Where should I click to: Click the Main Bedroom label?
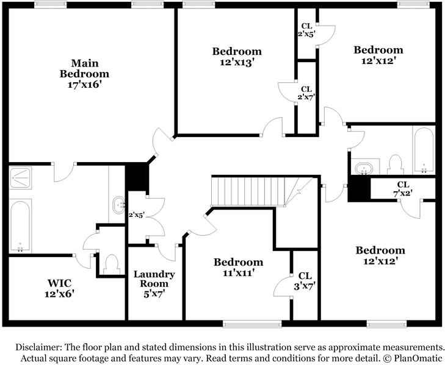(x=85, y=68)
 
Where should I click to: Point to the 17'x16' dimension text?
(x=85, y=85)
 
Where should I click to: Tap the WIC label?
(x=60, y=283)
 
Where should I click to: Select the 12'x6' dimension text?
(x=60, y=293)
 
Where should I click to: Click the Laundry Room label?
(x=154, y=279)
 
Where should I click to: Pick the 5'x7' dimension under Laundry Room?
(x=154, y=294)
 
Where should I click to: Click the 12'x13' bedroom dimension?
(x=236, y=62)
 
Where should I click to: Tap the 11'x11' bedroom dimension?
(x=238, y=273)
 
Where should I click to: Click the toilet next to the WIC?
(x=111, y=263)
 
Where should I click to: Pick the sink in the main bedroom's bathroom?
(x=117, y=207)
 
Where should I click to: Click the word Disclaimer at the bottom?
(x=40, y=346)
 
